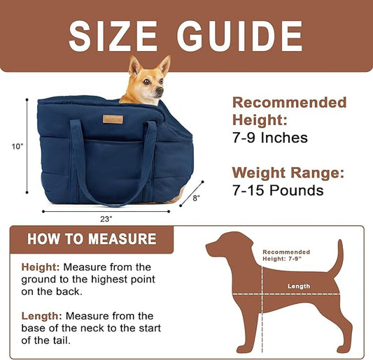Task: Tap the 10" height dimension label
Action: pos(17,146)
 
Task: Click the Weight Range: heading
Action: pos(288,172)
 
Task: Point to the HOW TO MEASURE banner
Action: pos(92,239)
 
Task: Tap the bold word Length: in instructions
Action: pos(41,316)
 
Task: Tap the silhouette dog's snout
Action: pos(211,247)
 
